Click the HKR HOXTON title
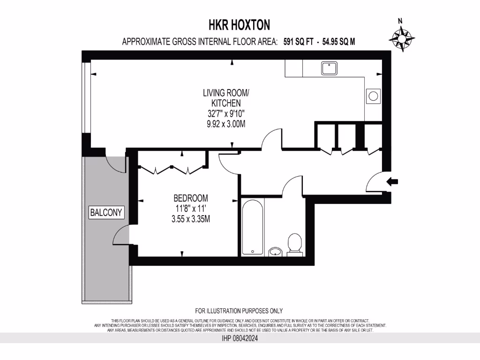(239, 24)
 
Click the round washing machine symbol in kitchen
(374, 96)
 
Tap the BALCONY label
(106, 212)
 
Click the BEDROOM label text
(190, 198)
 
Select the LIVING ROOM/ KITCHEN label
(222, 97)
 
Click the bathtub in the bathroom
(253, 226)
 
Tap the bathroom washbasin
(275, 252)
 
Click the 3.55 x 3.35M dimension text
(190, 218)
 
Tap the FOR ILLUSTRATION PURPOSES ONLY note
(239, 311)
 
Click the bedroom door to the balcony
(121, 234)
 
